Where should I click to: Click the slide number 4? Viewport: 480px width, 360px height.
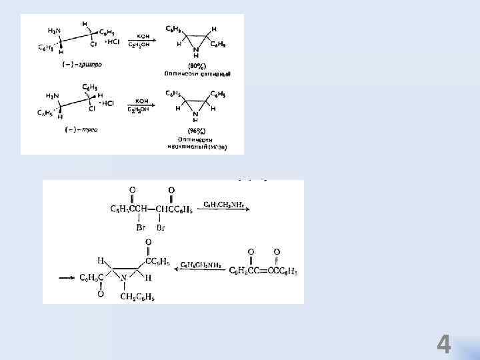(x=444, y=345)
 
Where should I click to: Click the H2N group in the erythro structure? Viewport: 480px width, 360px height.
(x=53, y=31)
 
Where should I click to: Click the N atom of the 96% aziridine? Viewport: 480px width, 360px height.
(x=195, y=114)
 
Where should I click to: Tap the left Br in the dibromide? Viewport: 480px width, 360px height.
(x=141, y=227)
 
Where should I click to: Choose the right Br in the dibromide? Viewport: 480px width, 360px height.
(x=161, y=227)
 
